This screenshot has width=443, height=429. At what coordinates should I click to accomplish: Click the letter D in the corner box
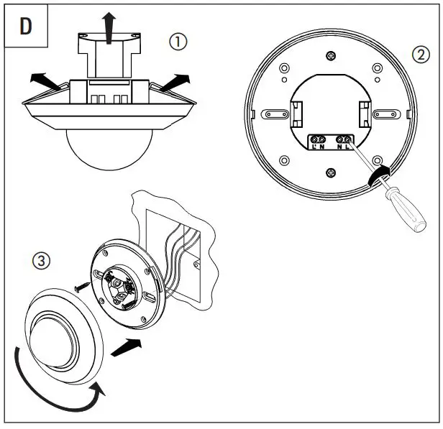pyautogui.click(x=25, y=26)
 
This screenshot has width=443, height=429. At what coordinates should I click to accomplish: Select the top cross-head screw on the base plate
pyautogui.click(x=330, y=57)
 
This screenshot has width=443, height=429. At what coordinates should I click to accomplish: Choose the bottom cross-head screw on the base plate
pyautogui.click(x=330, y=171)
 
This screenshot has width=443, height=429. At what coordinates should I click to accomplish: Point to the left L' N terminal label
pyautogui.click(x=318, y=147)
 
